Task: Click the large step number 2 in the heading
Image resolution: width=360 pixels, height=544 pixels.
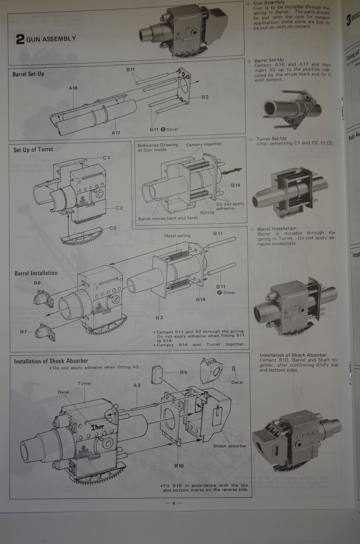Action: point(20,39)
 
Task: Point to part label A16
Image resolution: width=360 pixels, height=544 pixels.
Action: point(73,88)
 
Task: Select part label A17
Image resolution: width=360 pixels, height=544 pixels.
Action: point(116,133)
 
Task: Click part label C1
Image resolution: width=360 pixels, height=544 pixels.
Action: point(107,157)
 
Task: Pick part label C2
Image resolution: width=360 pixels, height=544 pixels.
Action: point(119,208)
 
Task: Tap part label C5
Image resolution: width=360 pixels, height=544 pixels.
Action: point(113,228)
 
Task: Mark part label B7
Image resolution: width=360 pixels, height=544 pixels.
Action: point(24,332)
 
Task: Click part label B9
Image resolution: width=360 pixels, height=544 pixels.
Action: point(184,372)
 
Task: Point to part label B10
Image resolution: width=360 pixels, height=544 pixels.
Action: point(179,466)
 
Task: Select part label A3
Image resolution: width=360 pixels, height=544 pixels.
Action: point(137,386)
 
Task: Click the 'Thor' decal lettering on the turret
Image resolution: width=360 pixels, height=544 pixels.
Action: point(98,427)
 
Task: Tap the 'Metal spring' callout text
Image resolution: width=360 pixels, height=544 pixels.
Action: point(177,236)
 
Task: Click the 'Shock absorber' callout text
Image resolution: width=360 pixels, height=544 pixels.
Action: point(230,446)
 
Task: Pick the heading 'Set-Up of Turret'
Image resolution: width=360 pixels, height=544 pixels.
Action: point(33,149)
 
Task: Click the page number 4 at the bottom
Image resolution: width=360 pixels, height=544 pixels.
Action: point(173,503)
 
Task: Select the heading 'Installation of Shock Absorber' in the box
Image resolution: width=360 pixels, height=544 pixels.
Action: point(51,361)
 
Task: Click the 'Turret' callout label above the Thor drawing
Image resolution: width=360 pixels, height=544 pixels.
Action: point(84,383)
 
